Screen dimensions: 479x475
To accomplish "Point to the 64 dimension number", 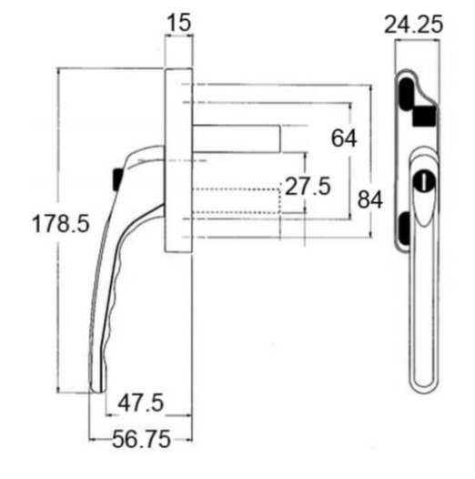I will [x=342, y=139].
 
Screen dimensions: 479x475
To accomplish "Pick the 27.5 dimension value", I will [x=308, y=188].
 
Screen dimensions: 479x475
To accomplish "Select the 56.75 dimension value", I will [x=141, y=440].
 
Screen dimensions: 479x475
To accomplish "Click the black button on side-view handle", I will [x=116, y=178].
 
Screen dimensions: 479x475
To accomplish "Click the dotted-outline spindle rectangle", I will [x=236, y=200].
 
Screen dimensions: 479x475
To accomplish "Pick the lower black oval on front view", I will [x=403, y=224].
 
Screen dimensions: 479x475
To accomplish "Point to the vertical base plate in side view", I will [x=178, y=160].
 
